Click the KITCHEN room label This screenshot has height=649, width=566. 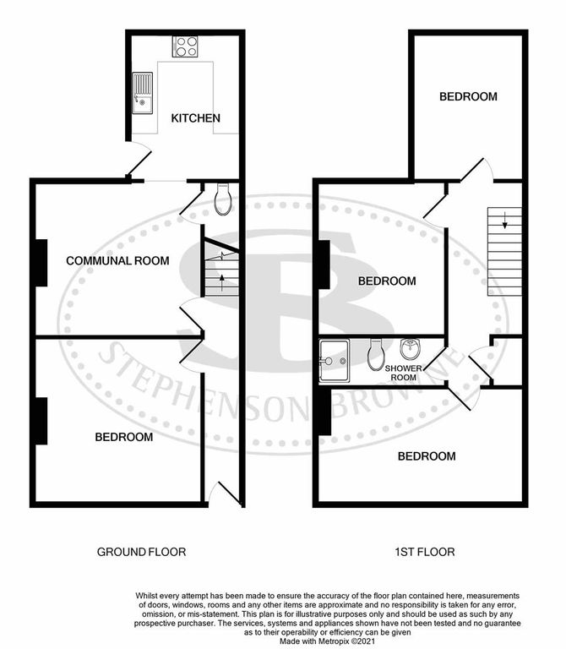coord(195,118)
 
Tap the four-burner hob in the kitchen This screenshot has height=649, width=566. coord(185,46)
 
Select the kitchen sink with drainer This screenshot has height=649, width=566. coord(142,93)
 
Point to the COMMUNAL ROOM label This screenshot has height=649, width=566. coord(117,261)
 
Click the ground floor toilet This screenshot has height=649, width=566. coord(223,199)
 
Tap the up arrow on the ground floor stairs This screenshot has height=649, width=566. coord(222,282)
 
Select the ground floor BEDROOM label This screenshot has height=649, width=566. coord(123,437)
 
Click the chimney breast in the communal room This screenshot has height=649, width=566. coord(41,263)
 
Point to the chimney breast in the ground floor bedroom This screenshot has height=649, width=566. coord(41,421)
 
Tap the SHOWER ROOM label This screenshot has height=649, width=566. coord(404,373)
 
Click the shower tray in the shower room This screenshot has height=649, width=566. coord(335,361)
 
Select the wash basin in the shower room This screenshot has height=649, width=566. coord(411,348)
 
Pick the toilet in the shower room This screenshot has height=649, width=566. coord(376,355)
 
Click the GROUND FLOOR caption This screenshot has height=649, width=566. coord(142,552)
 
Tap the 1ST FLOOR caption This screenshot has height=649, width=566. coord(425,552)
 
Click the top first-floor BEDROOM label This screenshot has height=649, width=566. coord(468,96)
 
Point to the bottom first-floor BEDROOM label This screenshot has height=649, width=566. coord(427,456)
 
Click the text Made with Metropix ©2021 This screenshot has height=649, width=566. coord(328,641)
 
